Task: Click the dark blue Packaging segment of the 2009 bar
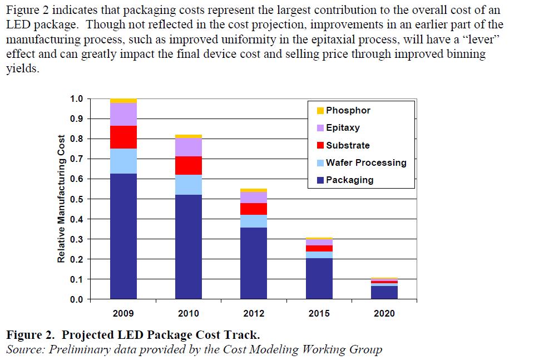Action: pyautogui.click(x=123, y=236)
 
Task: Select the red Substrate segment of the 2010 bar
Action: pyautogui.click(x=188, y=165)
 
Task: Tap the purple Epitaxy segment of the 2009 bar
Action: pyautogui.click(x=123, y=114)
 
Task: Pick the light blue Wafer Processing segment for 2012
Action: pyautogui.click(x=253, y=221)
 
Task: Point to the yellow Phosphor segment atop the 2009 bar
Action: pyautogui.click(x=123, y=101)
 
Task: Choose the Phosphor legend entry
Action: pyautogui.click(x=348, y=110)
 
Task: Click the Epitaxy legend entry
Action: pyautogui.click(x=343, y=128)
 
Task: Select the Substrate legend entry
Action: pyautogui.click(x=347, y=145)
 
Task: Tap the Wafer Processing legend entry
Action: pyautogui.click(x=365, y=162)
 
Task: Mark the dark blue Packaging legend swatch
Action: pyautogui.click(x=320, y=180)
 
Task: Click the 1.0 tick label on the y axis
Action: pyautogui.click(x=76, y=99)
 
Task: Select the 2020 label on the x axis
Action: pyautogui.click(x=384, y=313)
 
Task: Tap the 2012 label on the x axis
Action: pyautogui.click(x=253, y=313)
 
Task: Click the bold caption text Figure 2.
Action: pyautogui.click(x=30, y=335)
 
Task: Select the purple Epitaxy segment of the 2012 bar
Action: pyautogui.click(x=253, y=197)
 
